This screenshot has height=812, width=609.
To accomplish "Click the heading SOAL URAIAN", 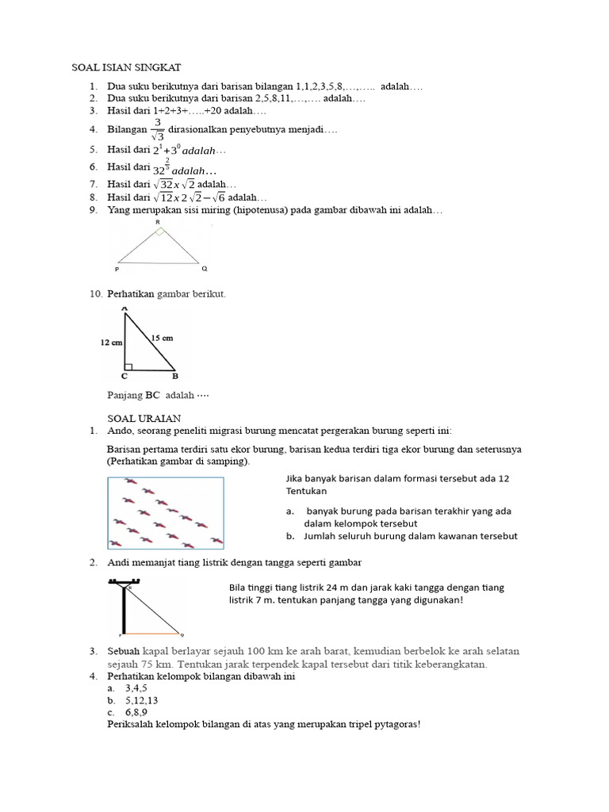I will pos(144,418).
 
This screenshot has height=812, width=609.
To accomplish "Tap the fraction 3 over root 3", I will pos(158,129).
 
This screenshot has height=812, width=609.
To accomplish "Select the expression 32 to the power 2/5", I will pos(163,167).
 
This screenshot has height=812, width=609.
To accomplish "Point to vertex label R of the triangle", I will pos(158,224).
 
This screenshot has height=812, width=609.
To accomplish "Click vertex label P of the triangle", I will pos(117,270).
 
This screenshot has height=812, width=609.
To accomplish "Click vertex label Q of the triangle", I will pos(204,269).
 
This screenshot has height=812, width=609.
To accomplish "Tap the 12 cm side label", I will pos(110,343).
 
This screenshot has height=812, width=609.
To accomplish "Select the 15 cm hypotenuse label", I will pos(162,338).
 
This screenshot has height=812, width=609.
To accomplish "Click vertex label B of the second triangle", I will pos(174,376).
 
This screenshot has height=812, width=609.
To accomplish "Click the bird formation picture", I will pos(165,512).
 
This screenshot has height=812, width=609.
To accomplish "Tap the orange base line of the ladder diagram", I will pos(151,634).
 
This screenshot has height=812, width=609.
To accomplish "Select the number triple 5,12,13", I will pos(142,701).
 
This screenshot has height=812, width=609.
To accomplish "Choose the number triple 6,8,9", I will pos(136,713).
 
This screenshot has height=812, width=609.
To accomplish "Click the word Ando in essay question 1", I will pos(119,431).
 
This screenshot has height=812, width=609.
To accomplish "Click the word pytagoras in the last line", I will pos(389,725).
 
